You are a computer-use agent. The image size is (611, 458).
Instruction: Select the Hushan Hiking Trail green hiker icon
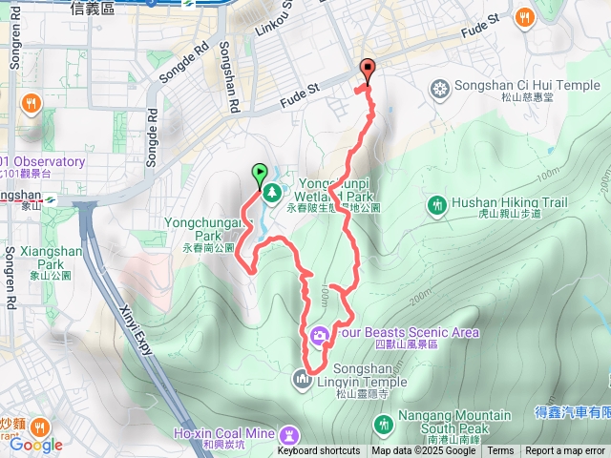(437, 203)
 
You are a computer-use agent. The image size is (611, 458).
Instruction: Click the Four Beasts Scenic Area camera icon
(319, 333)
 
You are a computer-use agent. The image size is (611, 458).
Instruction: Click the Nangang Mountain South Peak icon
(384, 422)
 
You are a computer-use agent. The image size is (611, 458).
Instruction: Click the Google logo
(36, 444)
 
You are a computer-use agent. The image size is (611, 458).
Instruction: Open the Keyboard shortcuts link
(319, 451)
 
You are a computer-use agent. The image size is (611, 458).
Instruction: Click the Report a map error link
(565, 451)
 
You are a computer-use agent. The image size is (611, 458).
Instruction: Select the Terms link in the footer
(500, 451)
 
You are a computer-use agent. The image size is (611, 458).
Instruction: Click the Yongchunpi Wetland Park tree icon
(272, 192)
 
